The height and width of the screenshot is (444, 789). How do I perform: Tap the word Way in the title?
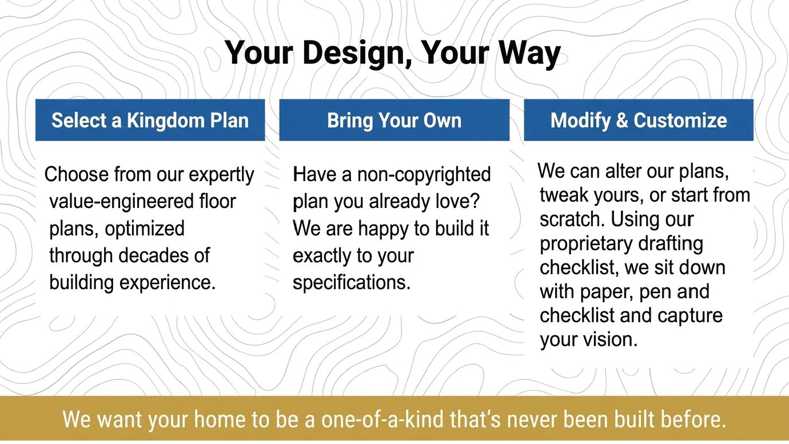tap(529, 53)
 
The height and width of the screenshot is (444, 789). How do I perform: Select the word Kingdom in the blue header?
tap(166, 121)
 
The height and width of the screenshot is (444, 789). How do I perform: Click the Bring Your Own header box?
tap(394, 120)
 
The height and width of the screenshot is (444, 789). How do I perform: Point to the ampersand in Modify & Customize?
tap(622, 121)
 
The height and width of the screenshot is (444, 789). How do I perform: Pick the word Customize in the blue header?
tap(680, 121)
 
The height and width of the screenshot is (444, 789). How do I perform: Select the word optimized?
tap(145, 229)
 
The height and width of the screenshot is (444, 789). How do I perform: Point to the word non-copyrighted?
tap(424, 175)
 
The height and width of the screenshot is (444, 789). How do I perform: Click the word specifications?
tap(352, 282)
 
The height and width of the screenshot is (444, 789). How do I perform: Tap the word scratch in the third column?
tap(572, 219)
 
